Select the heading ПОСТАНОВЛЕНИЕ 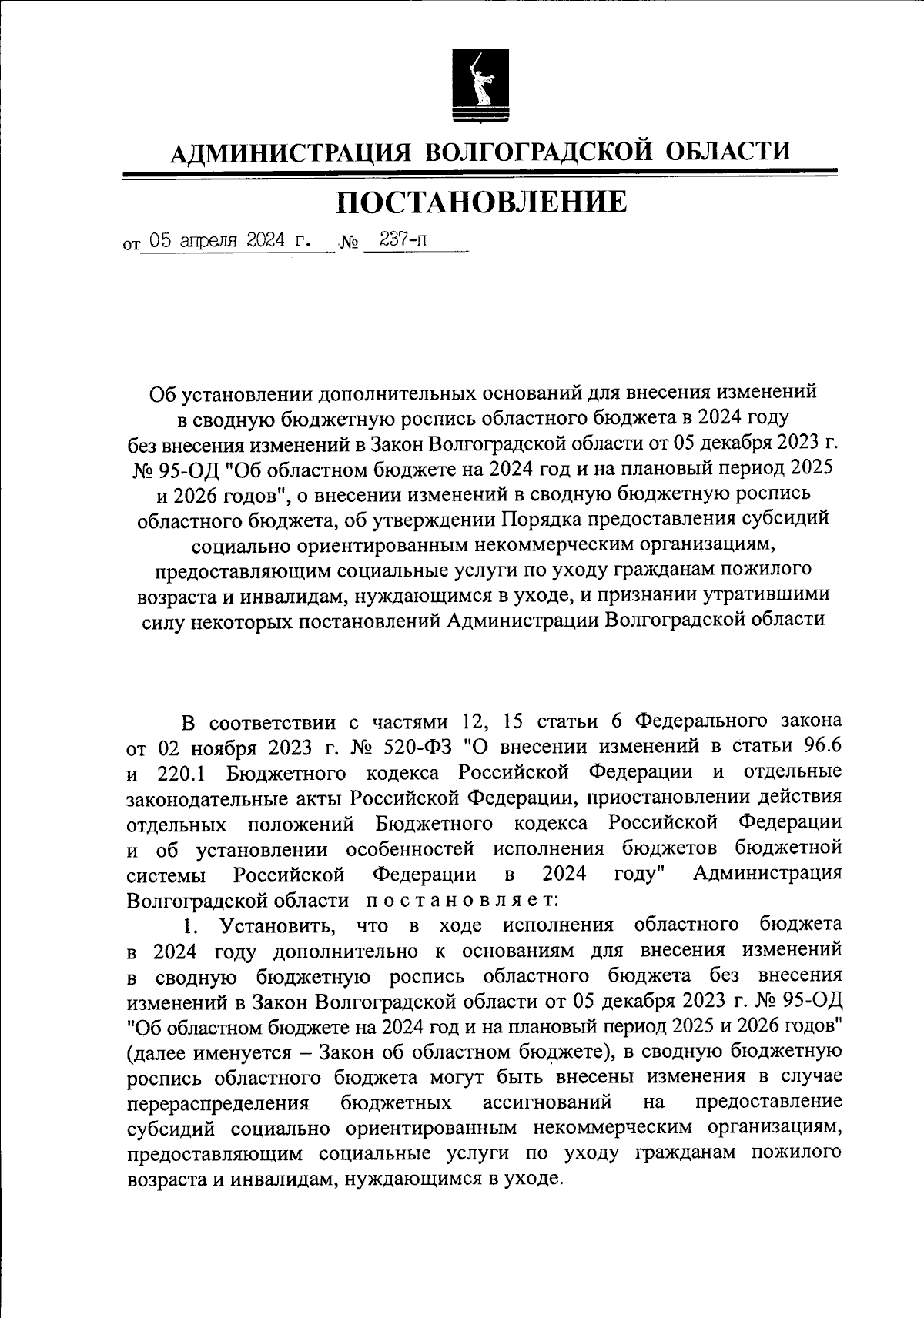[482, 202]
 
